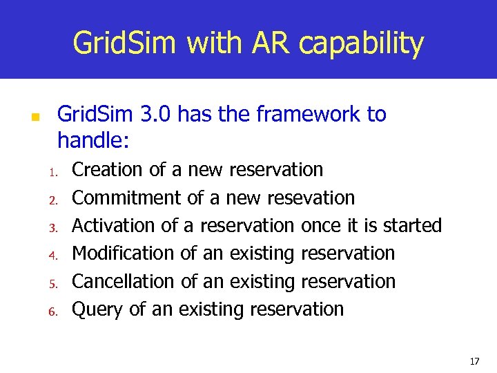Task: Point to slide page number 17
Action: [474, 361]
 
